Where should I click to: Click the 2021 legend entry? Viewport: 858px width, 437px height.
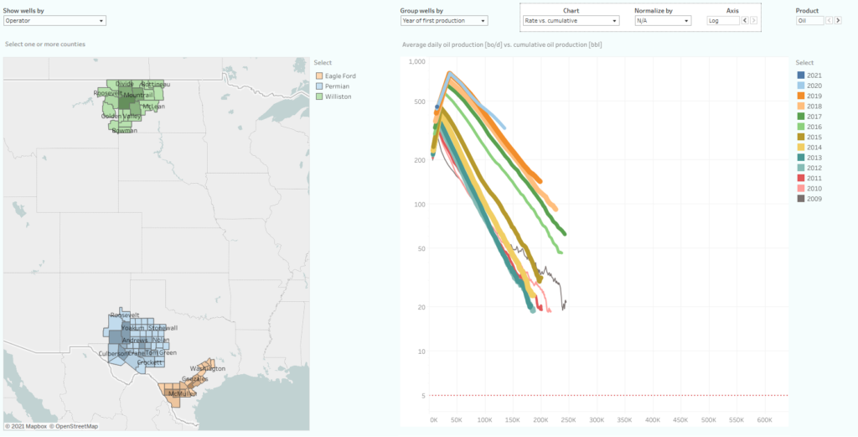[x=814, y=75]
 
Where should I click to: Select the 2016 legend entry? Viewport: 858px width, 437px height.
[x=814, y=127]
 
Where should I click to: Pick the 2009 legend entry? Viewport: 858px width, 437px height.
[x=814, y=198]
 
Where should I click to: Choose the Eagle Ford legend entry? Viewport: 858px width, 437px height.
[x=339, y=76]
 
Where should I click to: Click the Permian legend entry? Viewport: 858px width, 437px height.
[x=336, y=86]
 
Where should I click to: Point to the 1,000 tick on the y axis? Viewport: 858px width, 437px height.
[x=416, y=62]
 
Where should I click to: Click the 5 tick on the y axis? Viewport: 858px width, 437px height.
[x=422, y=395]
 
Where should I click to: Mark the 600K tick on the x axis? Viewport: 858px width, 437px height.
[x=764, y=419]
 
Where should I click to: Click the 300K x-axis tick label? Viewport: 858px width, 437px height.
[x=597, y=419]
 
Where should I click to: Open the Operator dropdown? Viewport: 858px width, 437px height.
[x=55, y=20]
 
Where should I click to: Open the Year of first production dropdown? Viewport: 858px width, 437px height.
[x=444, y=20]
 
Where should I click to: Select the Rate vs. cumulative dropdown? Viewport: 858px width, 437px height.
[x=571, y=20]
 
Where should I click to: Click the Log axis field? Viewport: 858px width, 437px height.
[x=723, y=20]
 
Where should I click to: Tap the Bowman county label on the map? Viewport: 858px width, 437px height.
[x=125, y=130]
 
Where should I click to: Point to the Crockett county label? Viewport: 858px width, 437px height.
[x=149, y=362]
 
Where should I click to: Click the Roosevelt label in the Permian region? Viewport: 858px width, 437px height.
[x=124, y=315]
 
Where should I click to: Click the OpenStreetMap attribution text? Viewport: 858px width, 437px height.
[x=74, y=426]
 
